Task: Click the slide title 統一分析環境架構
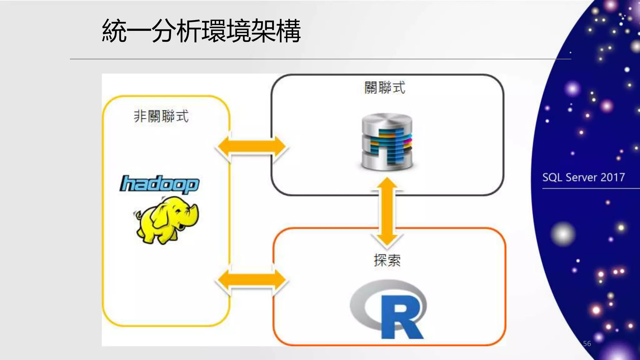tap(201, 31)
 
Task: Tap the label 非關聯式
tap(161, 116)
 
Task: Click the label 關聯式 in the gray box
tap(385, 87)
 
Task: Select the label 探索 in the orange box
tap(387, 260)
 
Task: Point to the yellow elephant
tap(167, 220)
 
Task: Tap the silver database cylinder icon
tap(387, 142)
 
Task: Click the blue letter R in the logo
tap(402, 317)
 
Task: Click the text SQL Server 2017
tap(583, 177)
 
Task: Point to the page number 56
tap(587, 343)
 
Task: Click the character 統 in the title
tap(114, 31)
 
